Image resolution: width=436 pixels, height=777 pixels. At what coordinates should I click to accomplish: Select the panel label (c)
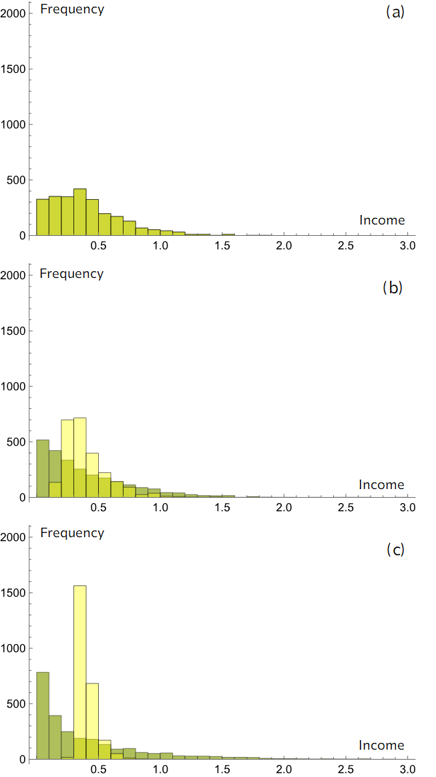pyautogui.click(x=395, y=549)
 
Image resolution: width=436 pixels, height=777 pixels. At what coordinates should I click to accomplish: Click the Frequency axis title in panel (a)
pyautogui.click(x=72, y=9)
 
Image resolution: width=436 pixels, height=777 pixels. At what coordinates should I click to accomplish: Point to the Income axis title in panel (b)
pyautogui.click(x=381, y=484)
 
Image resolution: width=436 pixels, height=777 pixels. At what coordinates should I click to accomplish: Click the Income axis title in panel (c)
pyautogui.click(x=381, y=745)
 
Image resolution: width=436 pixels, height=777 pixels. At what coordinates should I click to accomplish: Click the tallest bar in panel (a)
pyautogui.click(x=80, y=212)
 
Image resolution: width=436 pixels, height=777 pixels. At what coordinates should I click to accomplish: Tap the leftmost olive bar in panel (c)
pyautogui.click(x=43, y=715)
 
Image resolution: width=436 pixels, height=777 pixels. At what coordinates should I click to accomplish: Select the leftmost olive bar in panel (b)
pyautogui.click(x=43, y=468)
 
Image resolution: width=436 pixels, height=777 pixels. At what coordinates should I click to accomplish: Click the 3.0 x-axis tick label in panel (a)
pyautogui.click(x=407, y=245)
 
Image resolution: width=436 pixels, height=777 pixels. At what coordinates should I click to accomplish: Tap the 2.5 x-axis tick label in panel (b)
pyautogui.click(x=346, y=507)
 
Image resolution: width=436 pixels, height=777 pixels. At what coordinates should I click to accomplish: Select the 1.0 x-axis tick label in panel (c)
pyautogui.click(x=160, y=769)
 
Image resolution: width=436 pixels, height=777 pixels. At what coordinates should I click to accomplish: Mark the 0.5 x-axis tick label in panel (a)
pyautogui.click(x=99, y=245)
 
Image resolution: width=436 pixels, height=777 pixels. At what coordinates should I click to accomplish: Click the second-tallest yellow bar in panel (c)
pyautogui.click(x=92, y=721)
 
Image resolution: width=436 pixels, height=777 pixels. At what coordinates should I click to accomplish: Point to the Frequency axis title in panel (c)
pyautogui.click(x=72, y=532)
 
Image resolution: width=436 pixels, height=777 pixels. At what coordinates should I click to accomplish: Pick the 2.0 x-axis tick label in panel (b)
pyautogui.click(x=284, y=507)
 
